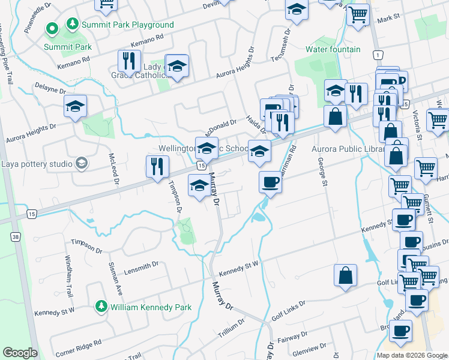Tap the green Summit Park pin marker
pyautogui.click(x=52, y=28)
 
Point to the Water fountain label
pyautogui.click(x=333, y=49)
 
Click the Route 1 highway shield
pyautogui.click(x=378, y=55)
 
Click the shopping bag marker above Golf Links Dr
pyautogui.click(x=346, y=275)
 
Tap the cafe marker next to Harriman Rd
pyautogui.click(x=270, y=182)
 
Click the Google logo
pyautogui.click(x=20, y=353)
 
